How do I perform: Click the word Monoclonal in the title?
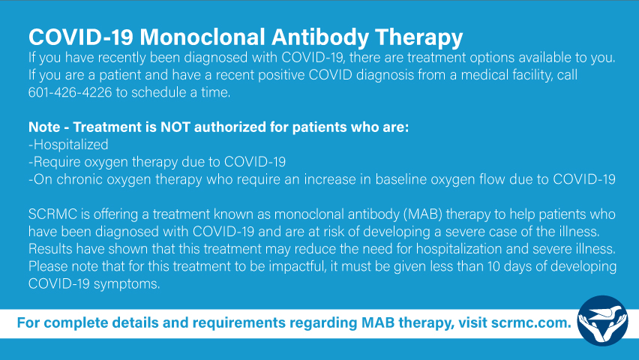click(202, 37)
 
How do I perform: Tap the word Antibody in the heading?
click(320, 37)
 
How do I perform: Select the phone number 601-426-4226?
click(70, 92)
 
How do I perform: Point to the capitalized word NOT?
click(175, 127)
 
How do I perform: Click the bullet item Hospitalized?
click(68, 145)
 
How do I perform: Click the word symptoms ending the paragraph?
click(127, 284)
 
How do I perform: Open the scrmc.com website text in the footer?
click(532, 323)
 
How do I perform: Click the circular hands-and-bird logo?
click(603, 321)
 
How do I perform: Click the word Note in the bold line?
click(44, 127)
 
